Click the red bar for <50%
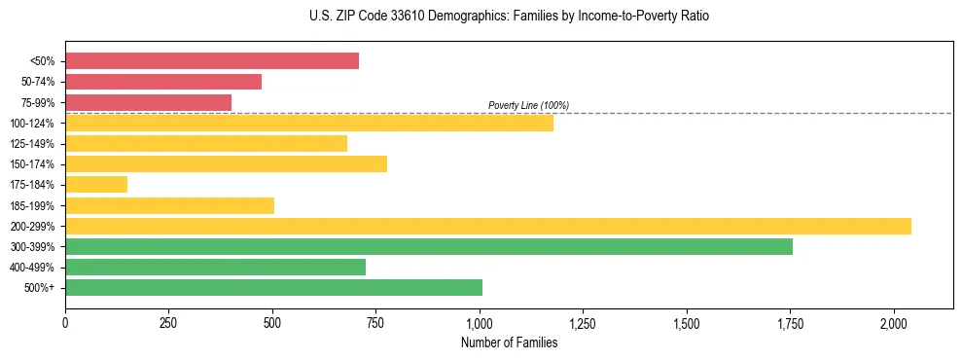pos(212,61)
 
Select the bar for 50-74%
pos(163,82)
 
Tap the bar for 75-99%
pos(148,102)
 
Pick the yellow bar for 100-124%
pos(309,123)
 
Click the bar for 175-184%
pos(96,185)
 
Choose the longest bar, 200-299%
pos(488,226)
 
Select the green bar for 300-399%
pos(429,246)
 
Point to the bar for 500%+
pos(273,287)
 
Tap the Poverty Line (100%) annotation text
pos(528,105)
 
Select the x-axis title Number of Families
pos(509,342)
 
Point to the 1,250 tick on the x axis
pos(584,323)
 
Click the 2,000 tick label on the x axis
pos(894,323)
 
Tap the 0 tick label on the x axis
pos(65,323)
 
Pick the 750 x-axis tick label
pos(376,323)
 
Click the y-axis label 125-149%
pos(32,144)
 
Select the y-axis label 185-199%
pos(32,205)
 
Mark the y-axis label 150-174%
pos(32,164)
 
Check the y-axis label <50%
pos(42,61)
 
